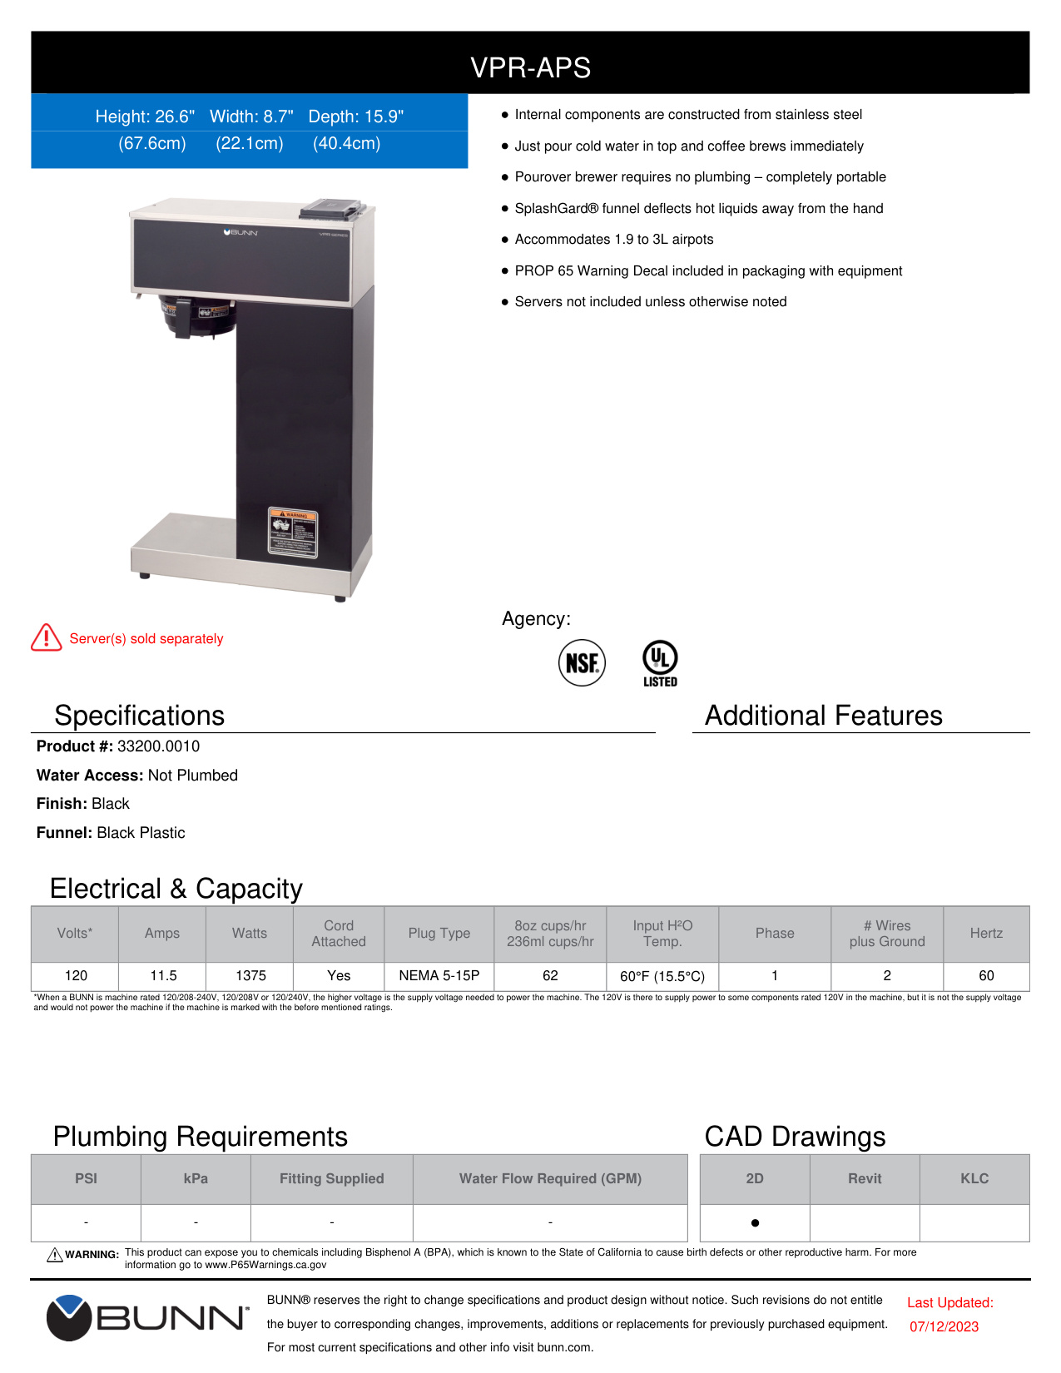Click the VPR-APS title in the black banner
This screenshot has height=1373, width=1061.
[530, 67]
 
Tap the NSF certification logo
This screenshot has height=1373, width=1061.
[582, 662]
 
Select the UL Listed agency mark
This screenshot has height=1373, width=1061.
[660, 662]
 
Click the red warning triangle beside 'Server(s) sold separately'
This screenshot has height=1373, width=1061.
[47, 638]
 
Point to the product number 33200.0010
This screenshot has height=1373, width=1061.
[158, 746]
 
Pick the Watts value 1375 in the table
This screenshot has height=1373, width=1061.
[250, 975]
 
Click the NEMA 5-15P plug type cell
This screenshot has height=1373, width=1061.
[439, 975]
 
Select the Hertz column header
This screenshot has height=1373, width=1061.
[986, 934]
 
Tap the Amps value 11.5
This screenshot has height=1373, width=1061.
[163, 975]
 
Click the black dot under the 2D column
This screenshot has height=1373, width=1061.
[755, 1222]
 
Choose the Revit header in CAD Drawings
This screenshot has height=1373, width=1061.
[865, 1178]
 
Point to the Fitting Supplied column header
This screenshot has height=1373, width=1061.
[331, 1178]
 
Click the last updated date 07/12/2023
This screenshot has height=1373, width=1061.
[944, 1326]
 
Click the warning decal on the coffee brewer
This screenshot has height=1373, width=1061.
[292, 531]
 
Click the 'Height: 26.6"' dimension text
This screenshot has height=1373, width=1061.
[145, 116]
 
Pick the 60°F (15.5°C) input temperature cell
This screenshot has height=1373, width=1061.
[662, 976]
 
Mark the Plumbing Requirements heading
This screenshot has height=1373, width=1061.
[201, 1137]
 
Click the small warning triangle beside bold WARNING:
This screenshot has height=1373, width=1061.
[55, 1255]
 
